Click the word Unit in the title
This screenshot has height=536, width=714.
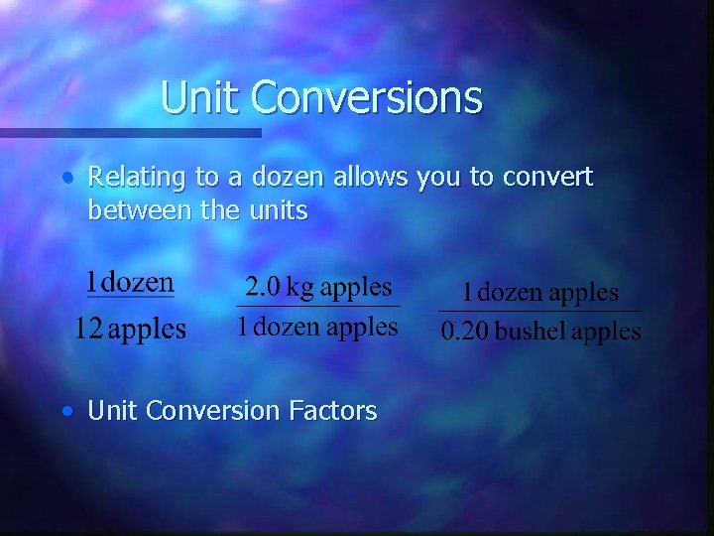201,97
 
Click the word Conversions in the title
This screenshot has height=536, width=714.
366,97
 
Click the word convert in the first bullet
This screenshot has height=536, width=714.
547,178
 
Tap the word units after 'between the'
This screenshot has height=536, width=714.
279,210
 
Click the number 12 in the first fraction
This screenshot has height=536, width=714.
89,329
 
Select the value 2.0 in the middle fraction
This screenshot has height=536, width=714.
263,288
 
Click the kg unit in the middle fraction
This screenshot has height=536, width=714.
300,289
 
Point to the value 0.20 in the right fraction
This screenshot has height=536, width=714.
464,331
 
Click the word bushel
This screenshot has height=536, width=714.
531,331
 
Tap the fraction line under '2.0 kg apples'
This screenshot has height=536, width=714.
317,306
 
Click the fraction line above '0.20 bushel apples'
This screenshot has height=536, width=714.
540,312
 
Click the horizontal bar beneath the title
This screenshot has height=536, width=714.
129,132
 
